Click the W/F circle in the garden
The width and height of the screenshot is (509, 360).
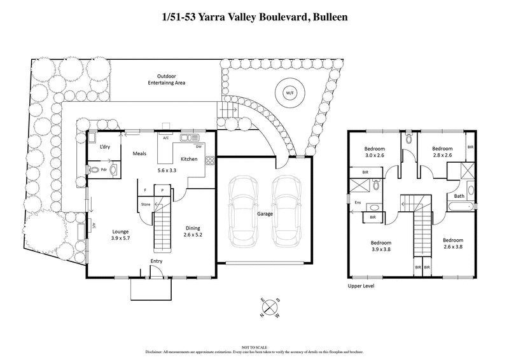coord(289,93)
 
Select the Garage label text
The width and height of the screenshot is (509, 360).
coord(265,214)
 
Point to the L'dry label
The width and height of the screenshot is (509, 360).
coord(106,148)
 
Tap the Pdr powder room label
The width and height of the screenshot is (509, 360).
coord(95,170)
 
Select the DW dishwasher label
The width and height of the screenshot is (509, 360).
coord(199,146)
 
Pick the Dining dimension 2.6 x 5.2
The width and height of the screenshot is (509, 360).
coord(193,235)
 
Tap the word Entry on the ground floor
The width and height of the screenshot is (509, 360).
coord(157,261)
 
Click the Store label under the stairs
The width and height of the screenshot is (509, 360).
coord(146,204)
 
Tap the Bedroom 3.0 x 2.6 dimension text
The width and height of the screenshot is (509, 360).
coord(375,154)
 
